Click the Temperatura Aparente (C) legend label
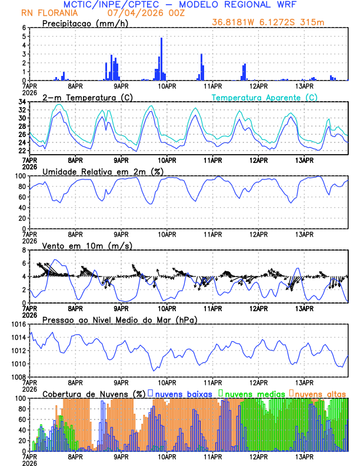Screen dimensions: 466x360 [265, 97]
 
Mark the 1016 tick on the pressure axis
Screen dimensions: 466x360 [18, 324]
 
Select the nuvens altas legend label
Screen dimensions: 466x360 [321, 393]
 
